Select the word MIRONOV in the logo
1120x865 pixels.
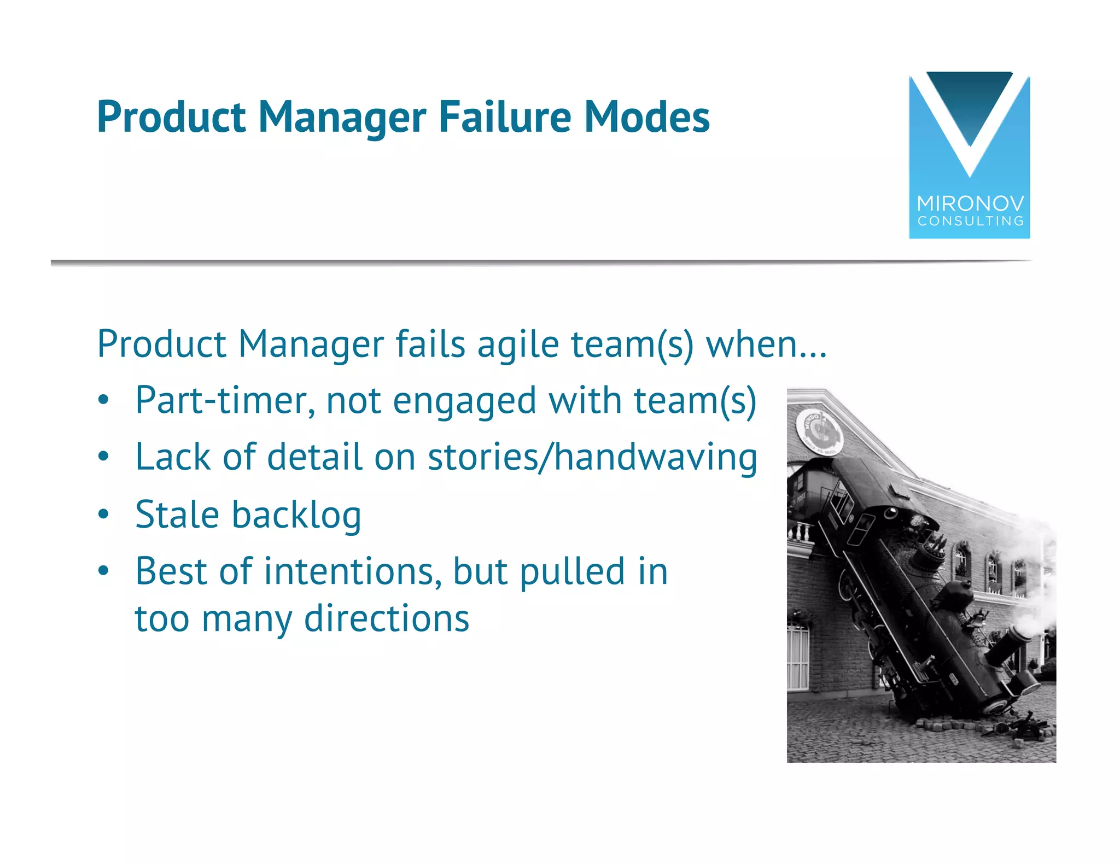[970, 204]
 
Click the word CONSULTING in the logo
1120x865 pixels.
[970, 221]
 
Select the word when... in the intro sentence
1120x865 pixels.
[766, 344]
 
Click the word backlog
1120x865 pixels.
[296, 516]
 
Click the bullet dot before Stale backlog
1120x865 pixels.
[104, 515]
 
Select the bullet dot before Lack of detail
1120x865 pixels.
[104, 457]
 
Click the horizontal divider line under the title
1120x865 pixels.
[541, 263]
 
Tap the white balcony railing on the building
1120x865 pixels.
[801, 532]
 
